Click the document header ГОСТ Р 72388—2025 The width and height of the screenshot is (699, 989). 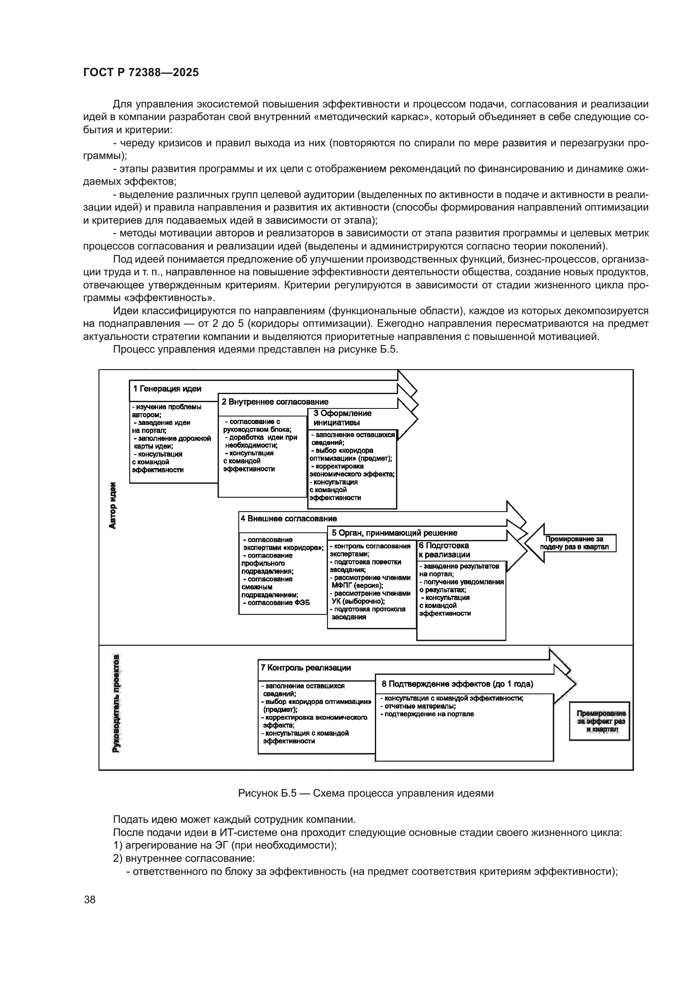[x=141, y=73]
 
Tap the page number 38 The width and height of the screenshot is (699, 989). [x=90, y=899]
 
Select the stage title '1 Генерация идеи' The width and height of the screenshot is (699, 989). [x=167, y=389]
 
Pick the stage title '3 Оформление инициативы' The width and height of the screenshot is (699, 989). [x=343, y=418]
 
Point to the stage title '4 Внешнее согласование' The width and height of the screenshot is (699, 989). [x=289, y=519]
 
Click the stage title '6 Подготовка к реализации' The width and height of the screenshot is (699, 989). [x=444, y=550]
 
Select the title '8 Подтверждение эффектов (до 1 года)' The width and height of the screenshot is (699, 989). [x=457, y=684]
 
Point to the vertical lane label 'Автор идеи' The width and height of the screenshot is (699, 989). [x=113, y=505]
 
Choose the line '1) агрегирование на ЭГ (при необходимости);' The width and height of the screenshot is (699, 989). [x=225, y=845]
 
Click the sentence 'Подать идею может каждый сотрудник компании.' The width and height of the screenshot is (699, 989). [x=234, y=819]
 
